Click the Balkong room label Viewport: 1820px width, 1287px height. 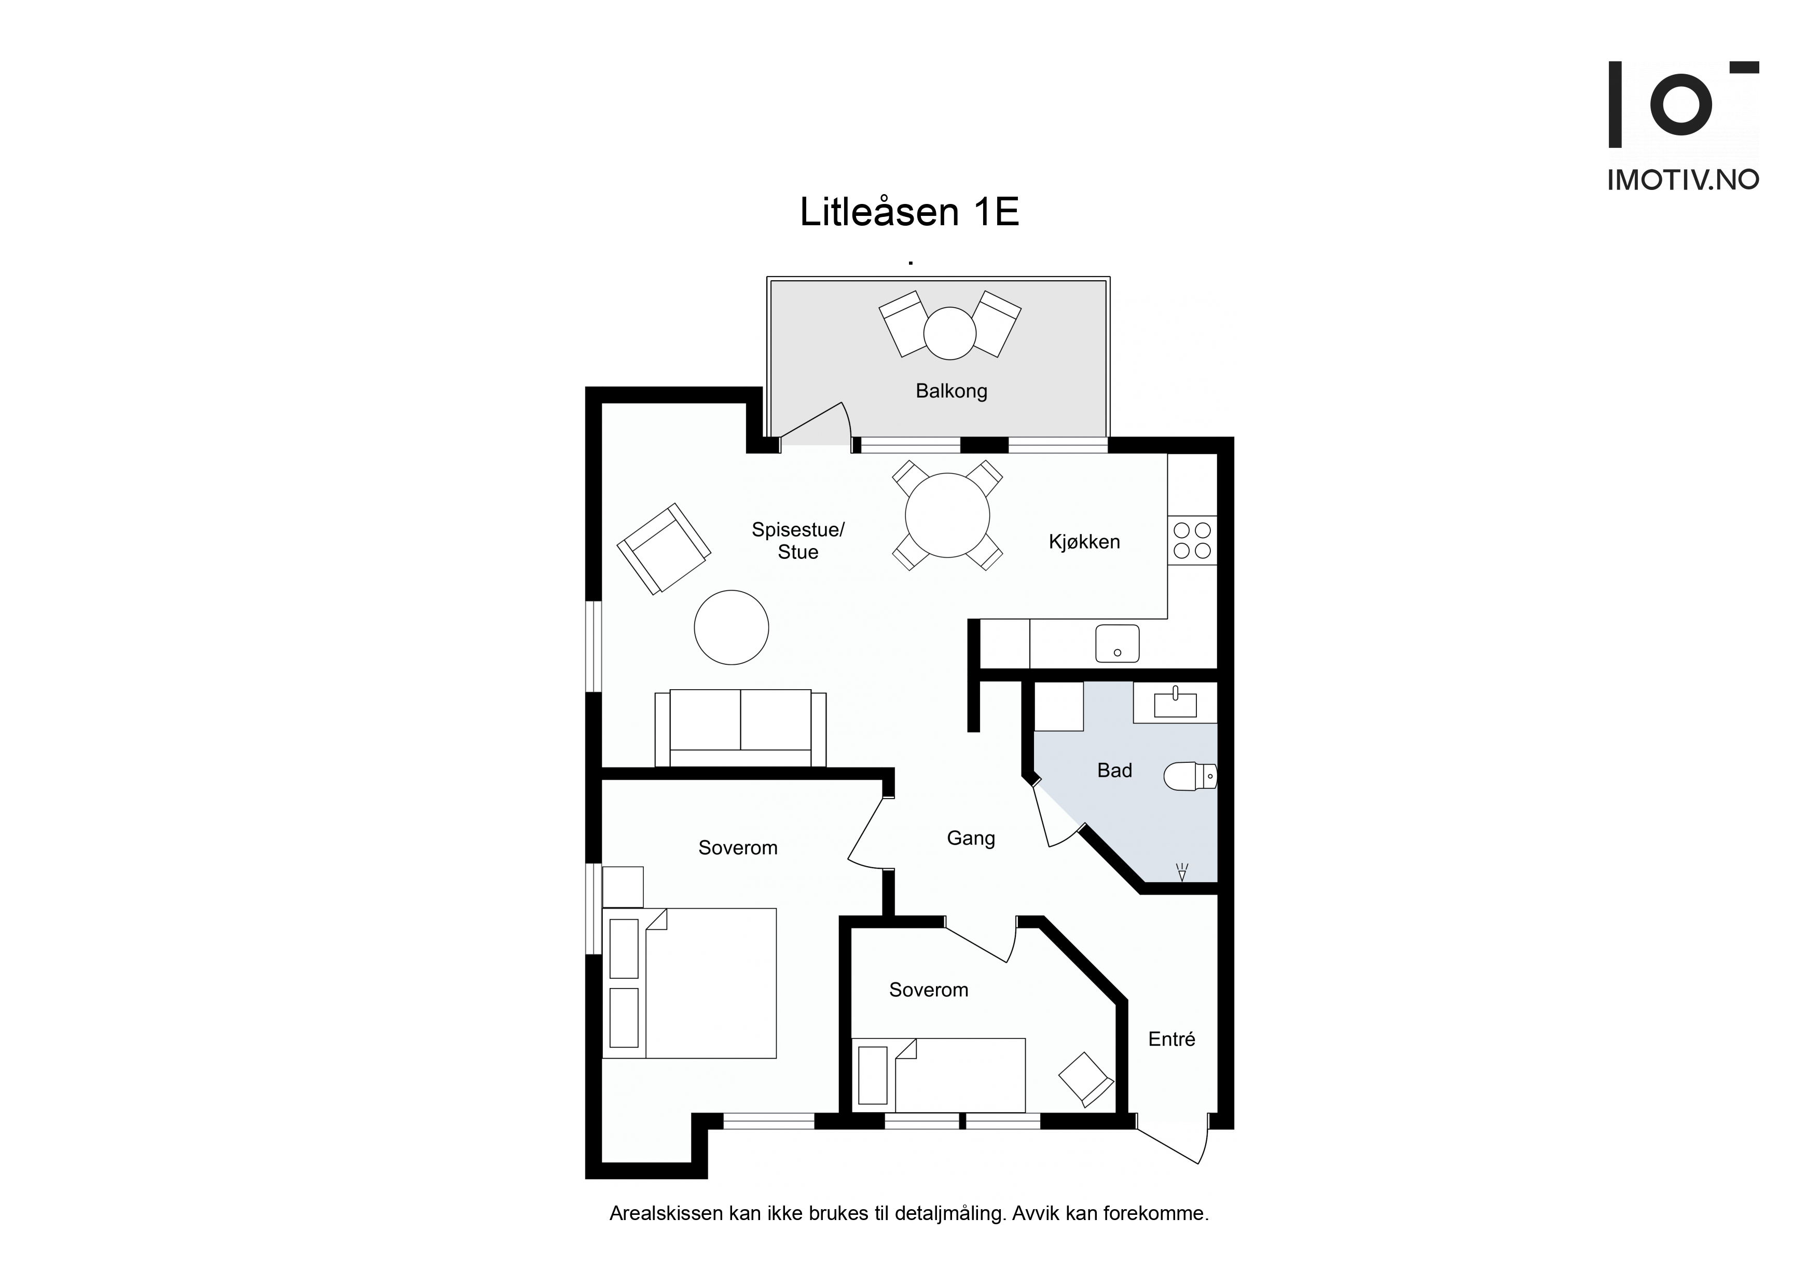click(x=951, y=391)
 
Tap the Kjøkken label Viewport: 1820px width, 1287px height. click(x=1084, y=542)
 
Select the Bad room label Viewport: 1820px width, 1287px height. click(x=1114, y=770)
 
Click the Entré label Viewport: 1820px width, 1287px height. click(x=1171, y=1039)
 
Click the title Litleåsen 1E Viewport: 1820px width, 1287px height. click(x=909, y=212)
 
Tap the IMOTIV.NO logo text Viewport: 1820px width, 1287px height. click(x=1683, y=180)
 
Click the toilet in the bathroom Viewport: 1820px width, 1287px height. click(x=1190, y=776)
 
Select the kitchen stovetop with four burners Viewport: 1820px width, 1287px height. click(x=1192, y=540)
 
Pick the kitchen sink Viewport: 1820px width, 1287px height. click(x=1118, y=644)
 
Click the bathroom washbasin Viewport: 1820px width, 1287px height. click(x=1175, y=703)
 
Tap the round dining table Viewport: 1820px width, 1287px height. click(x=947, y=515)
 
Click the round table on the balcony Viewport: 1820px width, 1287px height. click(x=949, y=333)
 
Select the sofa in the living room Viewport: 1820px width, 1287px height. click(x=740, y=728)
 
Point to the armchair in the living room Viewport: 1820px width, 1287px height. click(x=664, y=549)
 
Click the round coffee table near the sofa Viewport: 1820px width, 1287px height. click(x=732, y=627)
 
